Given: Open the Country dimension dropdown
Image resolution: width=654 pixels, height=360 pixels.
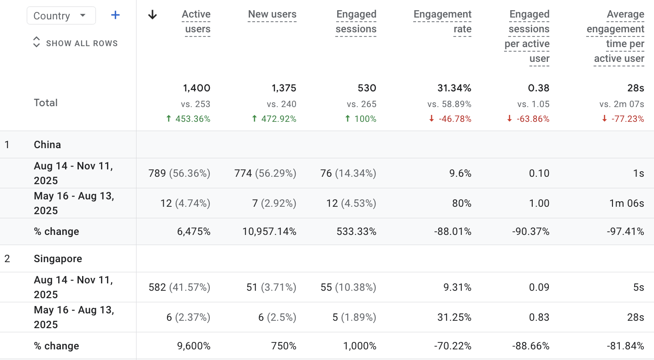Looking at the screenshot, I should click(x=61, y=16).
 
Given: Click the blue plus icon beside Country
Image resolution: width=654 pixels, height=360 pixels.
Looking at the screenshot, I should click(x=115, y=16).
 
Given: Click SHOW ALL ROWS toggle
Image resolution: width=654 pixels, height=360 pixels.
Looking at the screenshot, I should click(x=76, y=43).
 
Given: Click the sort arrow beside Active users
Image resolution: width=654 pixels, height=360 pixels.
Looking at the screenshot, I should click(x=152, y=15).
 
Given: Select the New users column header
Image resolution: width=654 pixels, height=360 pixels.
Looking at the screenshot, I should click(x=272, y=15).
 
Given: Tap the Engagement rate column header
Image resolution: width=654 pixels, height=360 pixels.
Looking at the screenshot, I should click(x=442, y=22).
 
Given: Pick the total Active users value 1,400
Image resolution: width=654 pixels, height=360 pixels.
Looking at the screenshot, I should click(x=196, y=88).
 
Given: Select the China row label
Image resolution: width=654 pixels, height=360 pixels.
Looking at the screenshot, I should click(x=48, y=145).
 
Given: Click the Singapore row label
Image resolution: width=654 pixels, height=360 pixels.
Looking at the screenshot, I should click(x=58, y=259).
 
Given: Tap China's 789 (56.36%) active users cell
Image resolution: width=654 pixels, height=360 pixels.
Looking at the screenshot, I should click(x=179, y=174).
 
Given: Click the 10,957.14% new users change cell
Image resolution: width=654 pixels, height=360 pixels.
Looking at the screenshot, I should click(x=269, y=232).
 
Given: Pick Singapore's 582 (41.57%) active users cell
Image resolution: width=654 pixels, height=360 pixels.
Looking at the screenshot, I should click(x=179, y=288).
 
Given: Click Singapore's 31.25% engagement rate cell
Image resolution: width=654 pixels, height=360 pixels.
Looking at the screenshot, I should click(x=455, y=318).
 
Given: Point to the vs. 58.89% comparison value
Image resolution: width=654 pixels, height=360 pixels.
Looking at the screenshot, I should click(x=449, y=104).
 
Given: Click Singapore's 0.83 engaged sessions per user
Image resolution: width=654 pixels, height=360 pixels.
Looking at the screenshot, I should click(x=539, y=318).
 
